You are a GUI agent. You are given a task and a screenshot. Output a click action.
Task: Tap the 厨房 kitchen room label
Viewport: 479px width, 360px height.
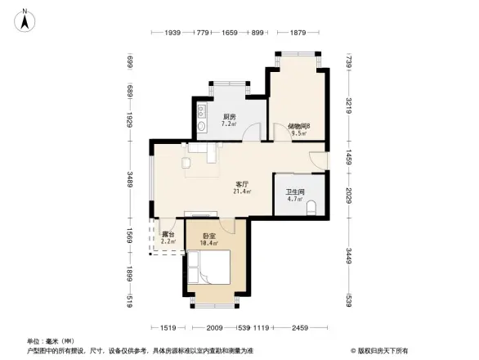[229, 117]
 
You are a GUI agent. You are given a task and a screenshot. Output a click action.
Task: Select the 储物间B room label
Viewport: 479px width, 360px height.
[298, 126]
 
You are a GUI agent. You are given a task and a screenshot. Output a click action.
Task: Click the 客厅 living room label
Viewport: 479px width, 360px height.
[242, 184]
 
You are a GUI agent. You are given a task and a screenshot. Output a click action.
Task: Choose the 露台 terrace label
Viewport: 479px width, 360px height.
[167, 233]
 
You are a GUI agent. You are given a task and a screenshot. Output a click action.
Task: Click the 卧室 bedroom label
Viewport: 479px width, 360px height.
[209, 236]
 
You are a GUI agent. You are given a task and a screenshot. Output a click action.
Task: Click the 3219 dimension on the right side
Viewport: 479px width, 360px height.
[348, 106]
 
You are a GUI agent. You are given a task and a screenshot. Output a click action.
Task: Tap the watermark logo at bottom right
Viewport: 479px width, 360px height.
[380, 350]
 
